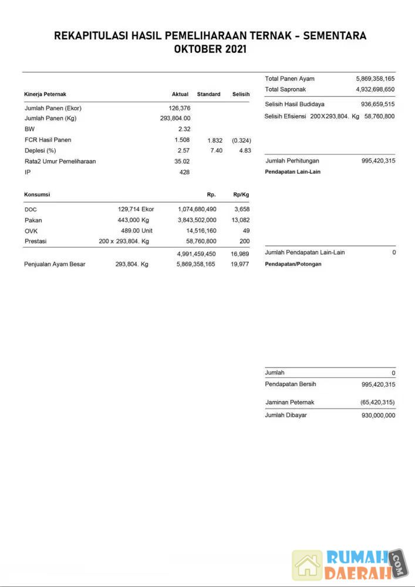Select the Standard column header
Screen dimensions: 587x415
coord(208,94)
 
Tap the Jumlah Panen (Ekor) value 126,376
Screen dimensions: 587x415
coord(179,108)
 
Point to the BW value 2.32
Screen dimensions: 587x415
coord(184,129)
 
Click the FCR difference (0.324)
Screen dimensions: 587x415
coord(241,140)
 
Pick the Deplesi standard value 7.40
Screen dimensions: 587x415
coord(215,151)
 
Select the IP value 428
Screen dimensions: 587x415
coord(184,172)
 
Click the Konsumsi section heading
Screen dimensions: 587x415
coord(37,194)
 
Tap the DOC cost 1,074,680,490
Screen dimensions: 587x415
coord(197,210)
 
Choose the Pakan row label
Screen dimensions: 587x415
coord(33,220)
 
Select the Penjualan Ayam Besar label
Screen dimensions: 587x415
coord(55,264)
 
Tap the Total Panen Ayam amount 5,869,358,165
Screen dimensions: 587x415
coord(375,79)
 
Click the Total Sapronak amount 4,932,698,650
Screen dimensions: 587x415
coord(375,89)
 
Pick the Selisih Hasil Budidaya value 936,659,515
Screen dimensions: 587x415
coord(377,104)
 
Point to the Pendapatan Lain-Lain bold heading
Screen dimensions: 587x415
coord(293,172)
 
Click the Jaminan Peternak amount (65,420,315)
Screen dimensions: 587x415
coord(377,403)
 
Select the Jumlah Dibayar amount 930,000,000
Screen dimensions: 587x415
coord(378,415)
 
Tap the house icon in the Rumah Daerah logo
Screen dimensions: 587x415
coord(308,565)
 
